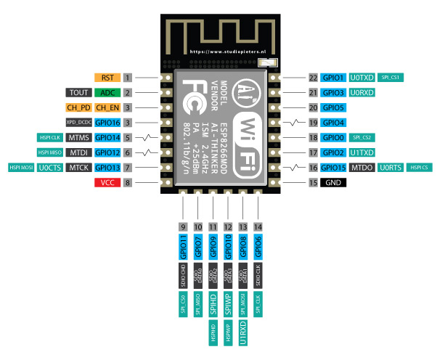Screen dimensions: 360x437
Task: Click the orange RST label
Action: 107,77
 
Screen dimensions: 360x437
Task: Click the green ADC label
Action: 107,92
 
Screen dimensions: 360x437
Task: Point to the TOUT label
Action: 78,92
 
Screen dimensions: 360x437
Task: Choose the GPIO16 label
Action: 107,123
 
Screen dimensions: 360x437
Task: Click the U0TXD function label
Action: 362,77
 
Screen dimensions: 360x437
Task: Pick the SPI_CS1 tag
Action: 392,77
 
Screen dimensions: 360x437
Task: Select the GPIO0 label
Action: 334,138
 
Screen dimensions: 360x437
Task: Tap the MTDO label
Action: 362,168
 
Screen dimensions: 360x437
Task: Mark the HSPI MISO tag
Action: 49,153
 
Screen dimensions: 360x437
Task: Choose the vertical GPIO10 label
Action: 228,247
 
